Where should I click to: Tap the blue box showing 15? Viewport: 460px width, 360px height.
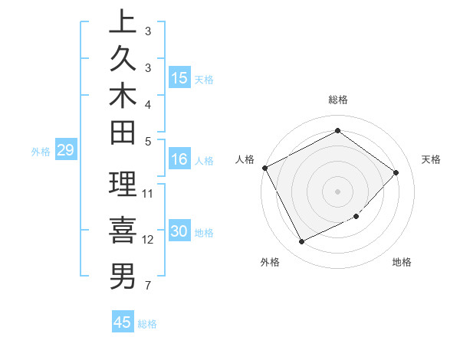[x=179, y=78]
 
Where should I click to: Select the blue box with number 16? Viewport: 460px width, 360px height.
[x=179, y=159]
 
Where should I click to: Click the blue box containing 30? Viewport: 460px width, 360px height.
[x=179, y=232]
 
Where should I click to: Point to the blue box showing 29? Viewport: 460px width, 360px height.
[x=66, y=151]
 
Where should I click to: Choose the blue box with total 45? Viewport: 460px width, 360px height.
[x=123, y=322]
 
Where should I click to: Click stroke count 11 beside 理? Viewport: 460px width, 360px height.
[x=148, y=193]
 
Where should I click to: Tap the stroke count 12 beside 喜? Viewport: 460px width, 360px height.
[x=148, y=240]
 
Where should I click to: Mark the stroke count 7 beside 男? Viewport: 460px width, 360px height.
[x=147, y=286]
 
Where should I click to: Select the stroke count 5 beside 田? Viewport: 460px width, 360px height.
[x=147, y=140]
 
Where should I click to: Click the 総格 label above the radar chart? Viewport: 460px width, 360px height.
[x=337, y=100]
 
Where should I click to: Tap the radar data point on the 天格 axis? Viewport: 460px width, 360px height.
[x=396, y=172]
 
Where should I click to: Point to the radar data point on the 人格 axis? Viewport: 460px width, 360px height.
[x=264, y=168]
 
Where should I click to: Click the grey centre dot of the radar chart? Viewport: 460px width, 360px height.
[x=337, y=191]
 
